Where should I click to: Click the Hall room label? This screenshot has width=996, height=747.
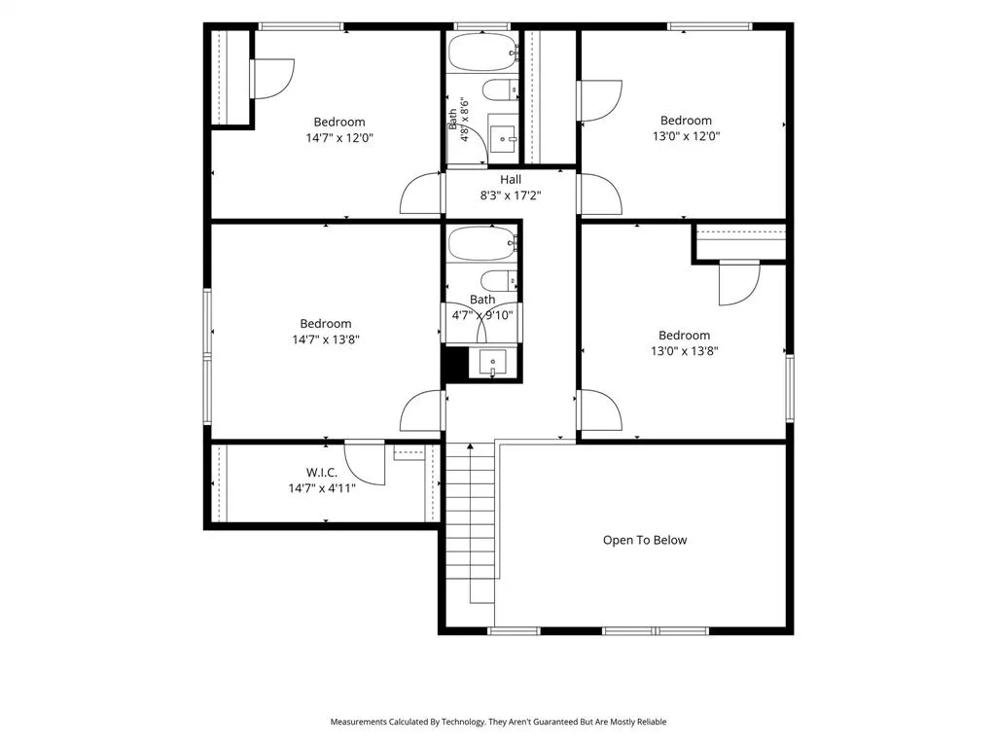(510, 180)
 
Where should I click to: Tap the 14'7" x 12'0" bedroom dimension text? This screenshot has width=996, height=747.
(339, 138)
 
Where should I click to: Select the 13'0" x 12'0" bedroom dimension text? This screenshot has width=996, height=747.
(686, 136)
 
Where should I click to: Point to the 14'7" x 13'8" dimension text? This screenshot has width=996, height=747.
(326, 339)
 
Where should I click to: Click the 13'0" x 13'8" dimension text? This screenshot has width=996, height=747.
(684, 350)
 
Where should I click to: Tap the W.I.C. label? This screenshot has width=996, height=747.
(321, 473)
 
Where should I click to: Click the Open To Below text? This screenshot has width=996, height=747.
(645, 540)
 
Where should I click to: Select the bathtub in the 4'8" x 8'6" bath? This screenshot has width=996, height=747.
(483, 53)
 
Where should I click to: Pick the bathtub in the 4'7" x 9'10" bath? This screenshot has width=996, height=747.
(482, 242)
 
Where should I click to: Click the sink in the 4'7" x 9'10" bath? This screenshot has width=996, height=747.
(493, 364)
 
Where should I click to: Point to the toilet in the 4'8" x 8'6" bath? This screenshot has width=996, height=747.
(500, 90)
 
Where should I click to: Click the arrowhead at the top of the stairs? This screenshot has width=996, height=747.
(470, 446)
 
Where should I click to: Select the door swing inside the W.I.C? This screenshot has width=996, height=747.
(366, 464)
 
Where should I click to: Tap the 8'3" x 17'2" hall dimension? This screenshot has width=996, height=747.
(510, 196)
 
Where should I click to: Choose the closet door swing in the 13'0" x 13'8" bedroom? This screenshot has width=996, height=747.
(739, 283)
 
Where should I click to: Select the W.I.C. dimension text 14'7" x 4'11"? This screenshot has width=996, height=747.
(321, 488)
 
